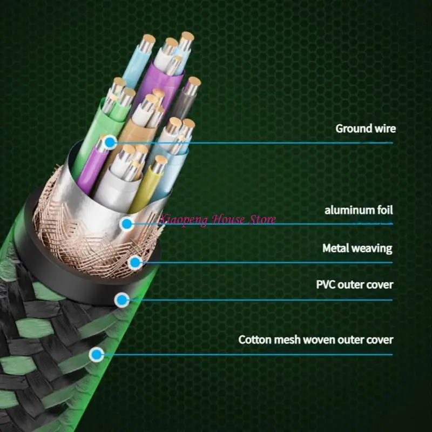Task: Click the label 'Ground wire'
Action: click(x=366, y=129)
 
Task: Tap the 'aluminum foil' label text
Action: click(x=359, y=210)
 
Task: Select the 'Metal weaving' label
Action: click(x=357, y=248)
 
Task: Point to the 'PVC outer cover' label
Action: click(x=354, y=284)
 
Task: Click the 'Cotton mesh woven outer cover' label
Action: click(x=316, y=340)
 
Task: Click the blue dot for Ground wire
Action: click(x=110, y=143)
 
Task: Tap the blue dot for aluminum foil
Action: click(x=126, y=224)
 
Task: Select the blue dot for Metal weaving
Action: click(x=136, y=263)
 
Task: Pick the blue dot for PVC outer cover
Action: click(x=123, y=300)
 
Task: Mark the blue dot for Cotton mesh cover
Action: click(x=97, y=355)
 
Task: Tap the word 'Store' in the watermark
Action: click(x=261, y=219)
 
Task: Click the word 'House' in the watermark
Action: click(x=225, y=219)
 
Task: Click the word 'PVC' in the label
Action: click(x=326, y=284)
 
